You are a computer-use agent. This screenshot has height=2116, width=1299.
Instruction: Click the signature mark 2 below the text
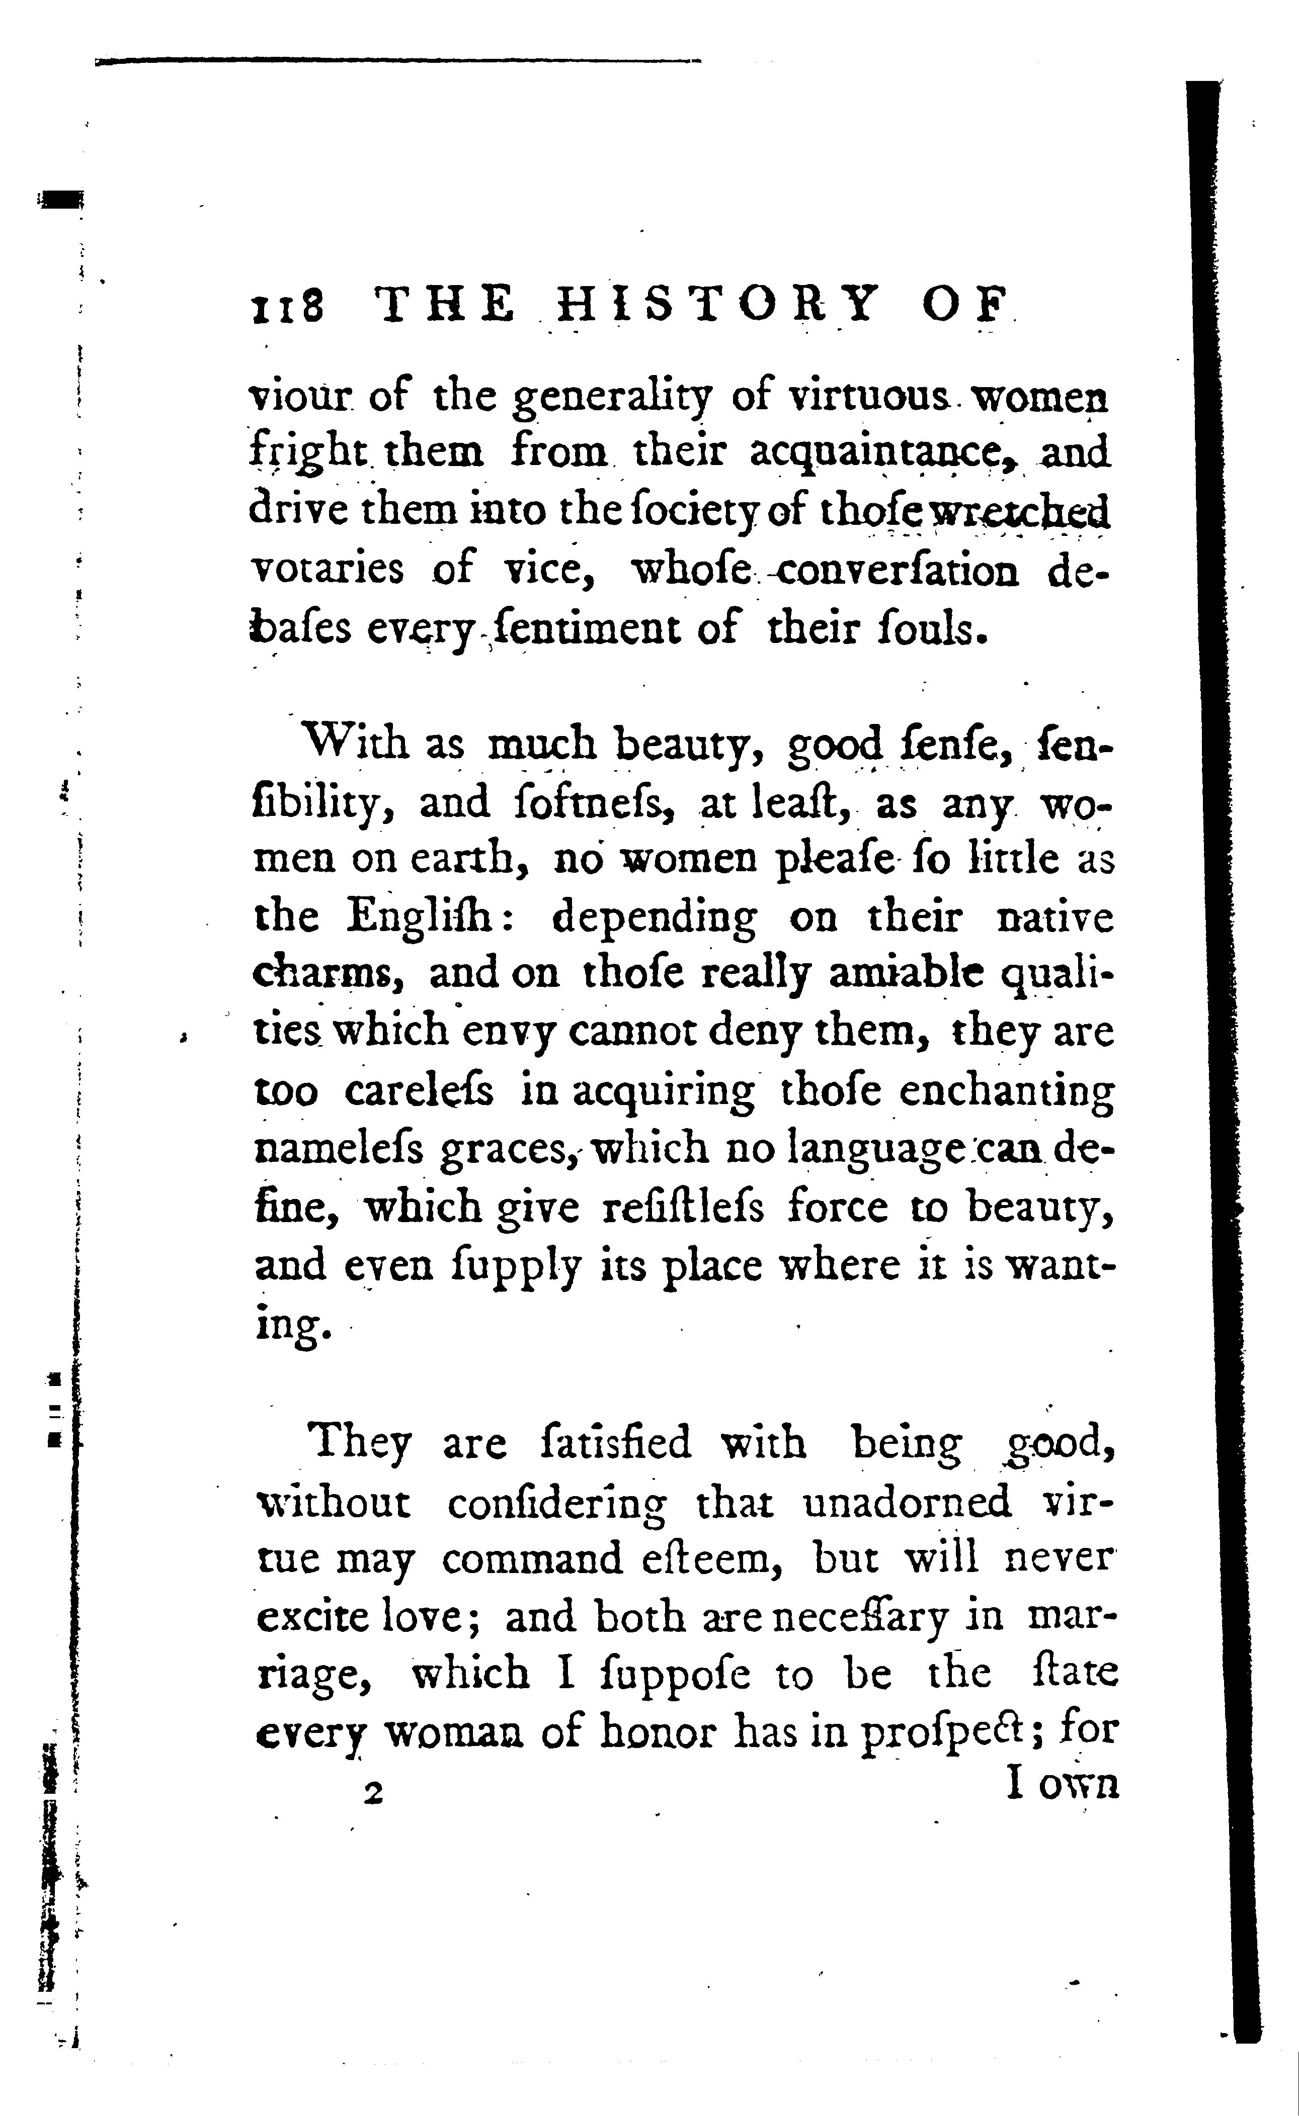372,1794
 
